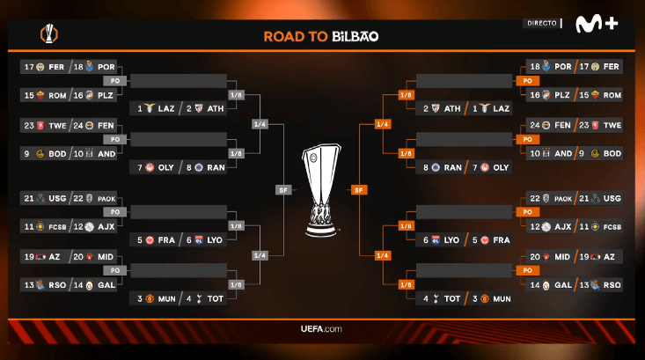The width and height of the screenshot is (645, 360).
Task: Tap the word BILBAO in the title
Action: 355,36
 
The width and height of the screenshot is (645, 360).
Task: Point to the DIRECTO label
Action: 540,23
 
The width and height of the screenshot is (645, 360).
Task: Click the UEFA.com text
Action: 321,329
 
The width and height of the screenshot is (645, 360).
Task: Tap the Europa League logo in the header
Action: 48,35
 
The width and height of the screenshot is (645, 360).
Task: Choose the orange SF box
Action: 359,189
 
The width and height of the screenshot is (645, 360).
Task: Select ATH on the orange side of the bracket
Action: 452,108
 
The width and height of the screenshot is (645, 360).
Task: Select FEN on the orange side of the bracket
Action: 560,126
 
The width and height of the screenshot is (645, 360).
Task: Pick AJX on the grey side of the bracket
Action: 107,226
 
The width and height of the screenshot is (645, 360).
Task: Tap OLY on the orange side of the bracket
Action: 501,167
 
